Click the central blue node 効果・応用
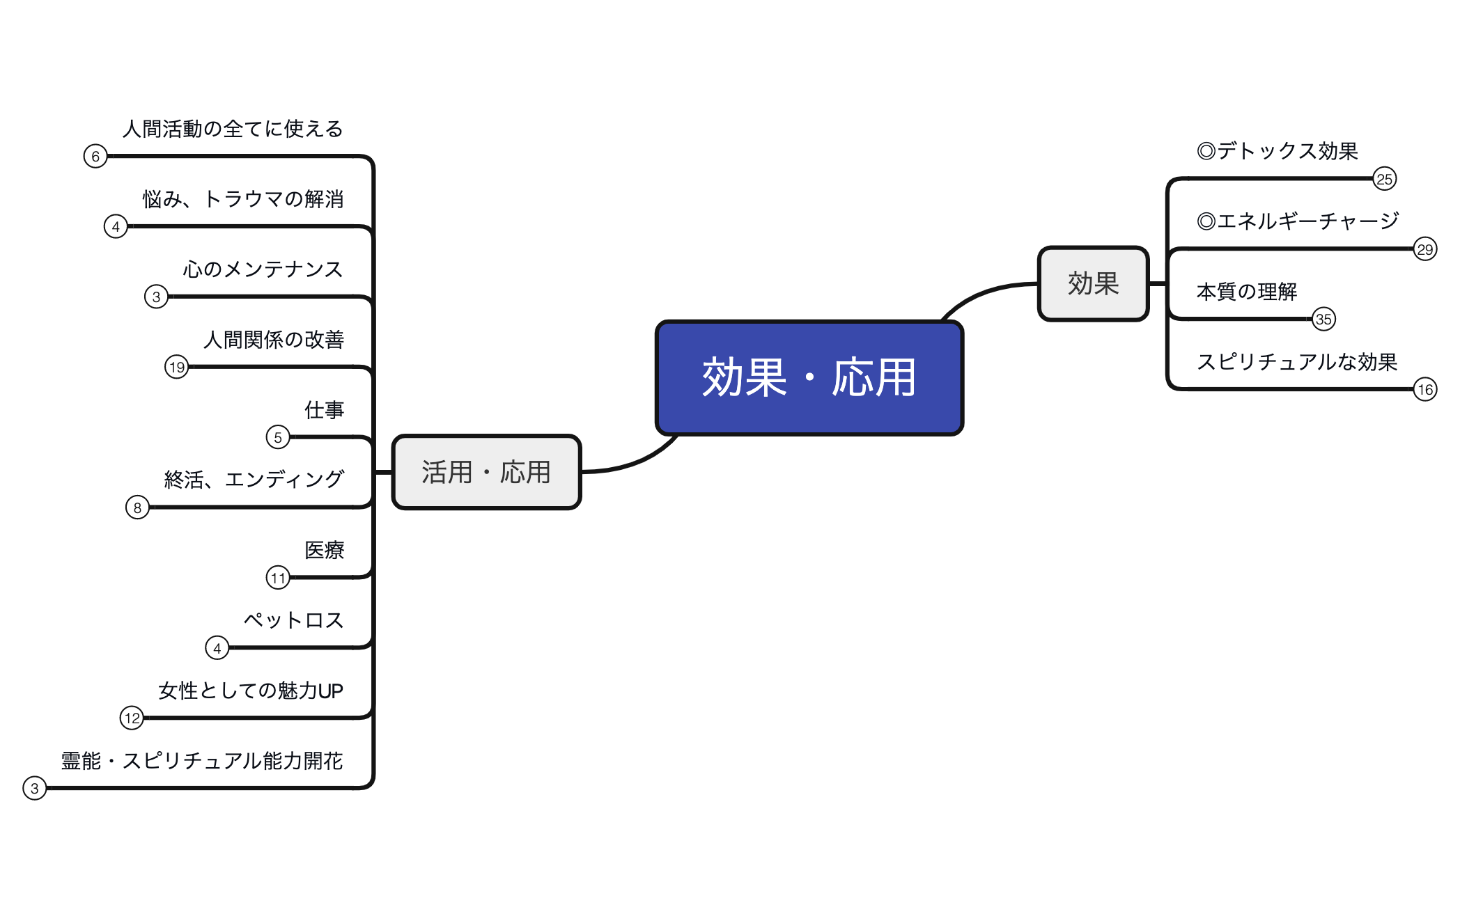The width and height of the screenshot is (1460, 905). point(809,378)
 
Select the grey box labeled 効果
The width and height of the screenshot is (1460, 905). point(1093,284)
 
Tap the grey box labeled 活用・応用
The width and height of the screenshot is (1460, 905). point(486,472)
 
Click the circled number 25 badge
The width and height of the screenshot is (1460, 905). point(1384,179)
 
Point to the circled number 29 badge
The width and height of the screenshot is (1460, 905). point(1424,249)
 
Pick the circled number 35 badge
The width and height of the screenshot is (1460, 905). point(1323,320)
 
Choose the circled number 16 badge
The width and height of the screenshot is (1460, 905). point(1424,389)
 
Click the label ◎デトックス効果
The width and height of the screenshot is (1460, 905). point(1277,151)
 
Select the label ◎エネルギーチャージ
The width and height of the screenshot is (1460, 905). point(1297,221)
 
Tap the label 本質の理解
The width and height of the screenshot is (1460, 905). point(1246,292)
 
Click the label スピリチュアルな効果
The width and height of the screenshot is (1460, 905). point(1296,362)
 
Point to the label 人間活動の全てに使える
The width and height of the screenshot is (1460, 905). point(233,129)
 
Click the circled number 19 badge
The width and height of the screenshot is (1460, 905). point(176,367)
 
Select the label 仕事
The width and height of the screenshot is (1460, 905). point(324,410)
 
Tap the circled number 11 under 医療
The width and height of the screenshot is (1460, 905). point(278,578)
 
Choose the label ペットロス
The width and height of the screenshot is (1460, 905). point(293,620)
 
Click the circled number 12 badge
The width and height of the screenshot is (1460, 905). point(132,718)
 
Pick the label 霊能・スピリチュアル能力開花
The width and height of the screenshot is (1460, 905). point(202,761)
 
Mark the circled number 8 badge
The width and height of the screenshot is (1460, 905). point(137,507)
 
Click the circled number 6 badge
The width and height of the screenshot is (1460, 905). point(95,156)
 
